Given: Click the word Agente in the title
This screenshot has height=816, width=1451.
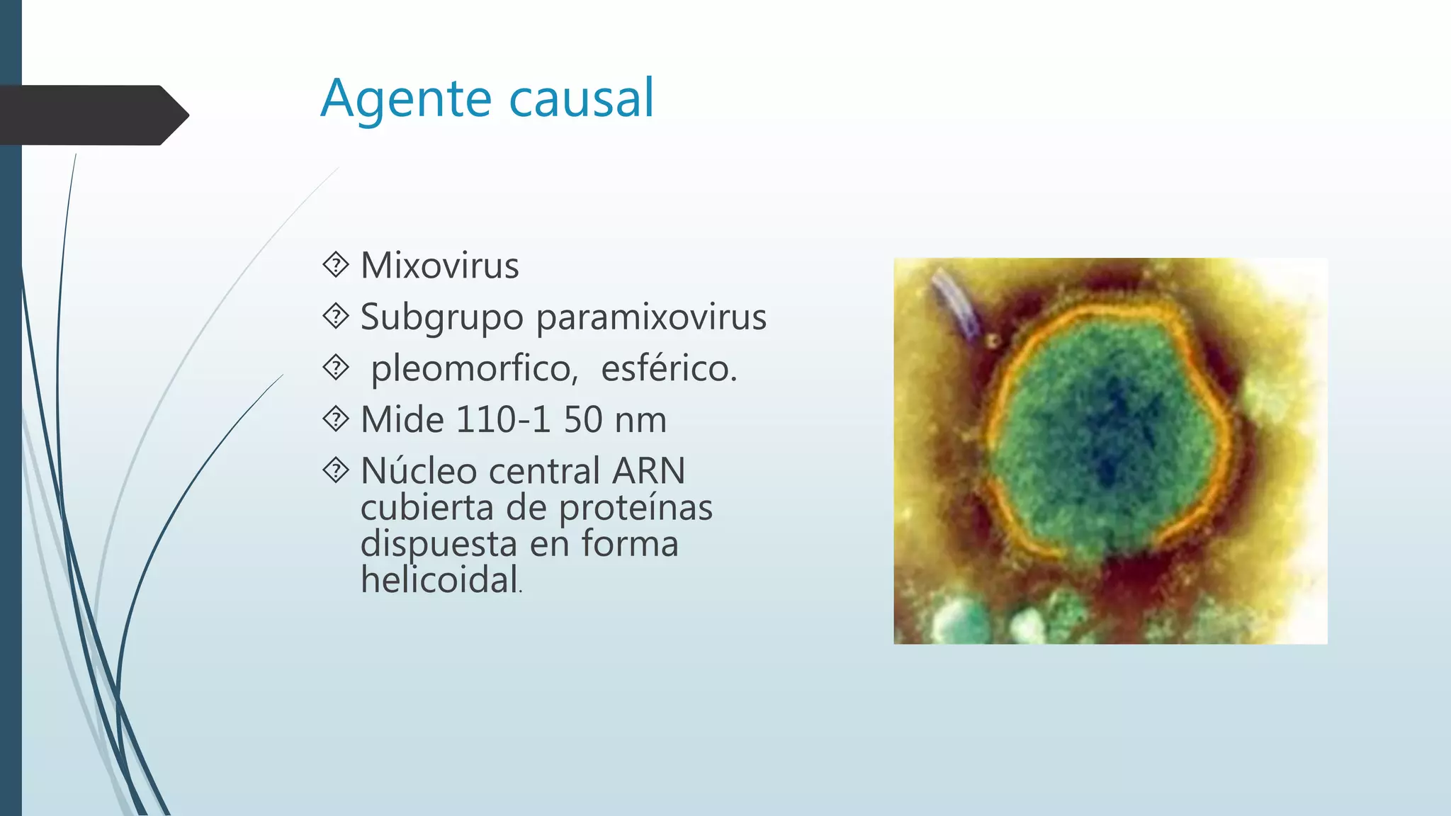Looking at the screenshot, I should tap(405, 99).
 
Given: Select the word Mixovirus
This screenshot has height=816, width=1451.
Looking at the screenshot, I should tap(439, 266).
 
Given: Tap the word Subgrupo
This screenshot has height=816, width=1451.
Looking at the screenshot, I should tap(441, 317).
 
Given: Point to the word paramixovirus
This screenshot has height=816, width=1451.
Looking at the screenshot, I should tap(650, 317).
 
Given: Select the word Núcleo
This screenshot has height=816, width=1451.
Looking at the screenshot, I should tap(417, 471).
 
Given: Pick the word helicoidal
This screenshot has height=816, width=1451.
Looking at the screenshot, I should tap(439, 580).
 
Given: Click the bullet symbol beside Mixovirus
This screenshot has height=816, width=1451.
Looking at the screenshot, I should tap(336, 265).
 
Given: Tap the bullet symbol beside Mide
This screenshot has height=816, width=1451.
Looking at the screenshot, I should tap(336, 419).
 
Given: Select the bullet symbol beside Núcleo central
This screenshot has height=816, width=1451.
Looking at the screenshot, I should tap(336, 470).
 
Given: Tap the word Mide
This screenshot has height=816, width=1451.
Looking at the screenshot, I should tap(402, 420).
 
